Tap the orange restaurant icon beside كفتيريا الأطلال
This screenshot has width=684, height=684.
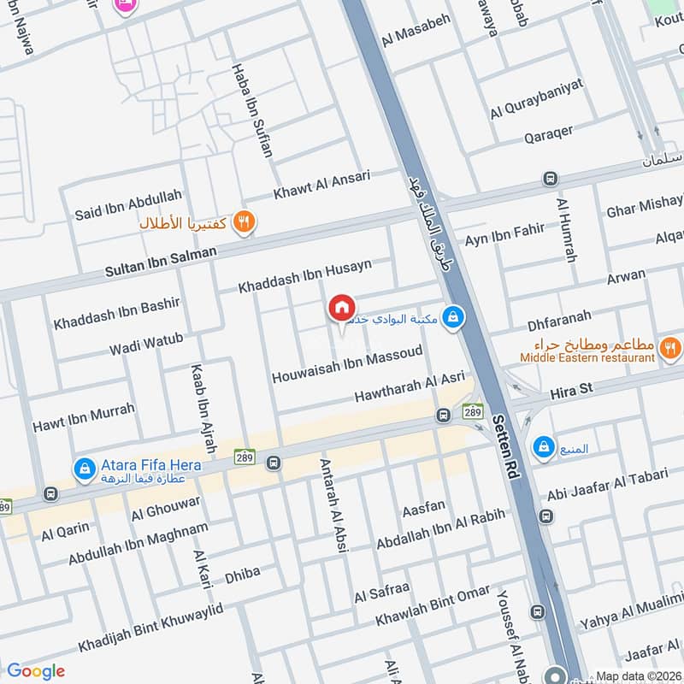tap(245, 221)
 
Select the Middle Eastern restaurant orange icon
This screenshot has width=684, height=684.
tap(670, 347)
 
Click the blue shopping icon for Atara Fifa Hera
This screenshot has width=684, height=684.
tap(84, 468)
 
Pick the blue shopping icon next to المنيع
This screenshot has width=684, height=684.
tap(543, 446)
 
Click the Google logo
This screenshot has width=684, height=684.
tap(36, 671)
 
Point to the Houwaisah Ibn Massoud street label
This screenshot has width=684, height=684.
tap(347, 365)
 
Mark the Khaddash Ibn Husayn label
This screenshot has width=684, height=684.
tap(305, 276)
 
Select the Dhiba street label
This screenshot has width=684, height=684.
tap(242, 575)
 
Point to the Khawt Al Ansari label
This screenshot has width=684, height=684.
tap(321, 186)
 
